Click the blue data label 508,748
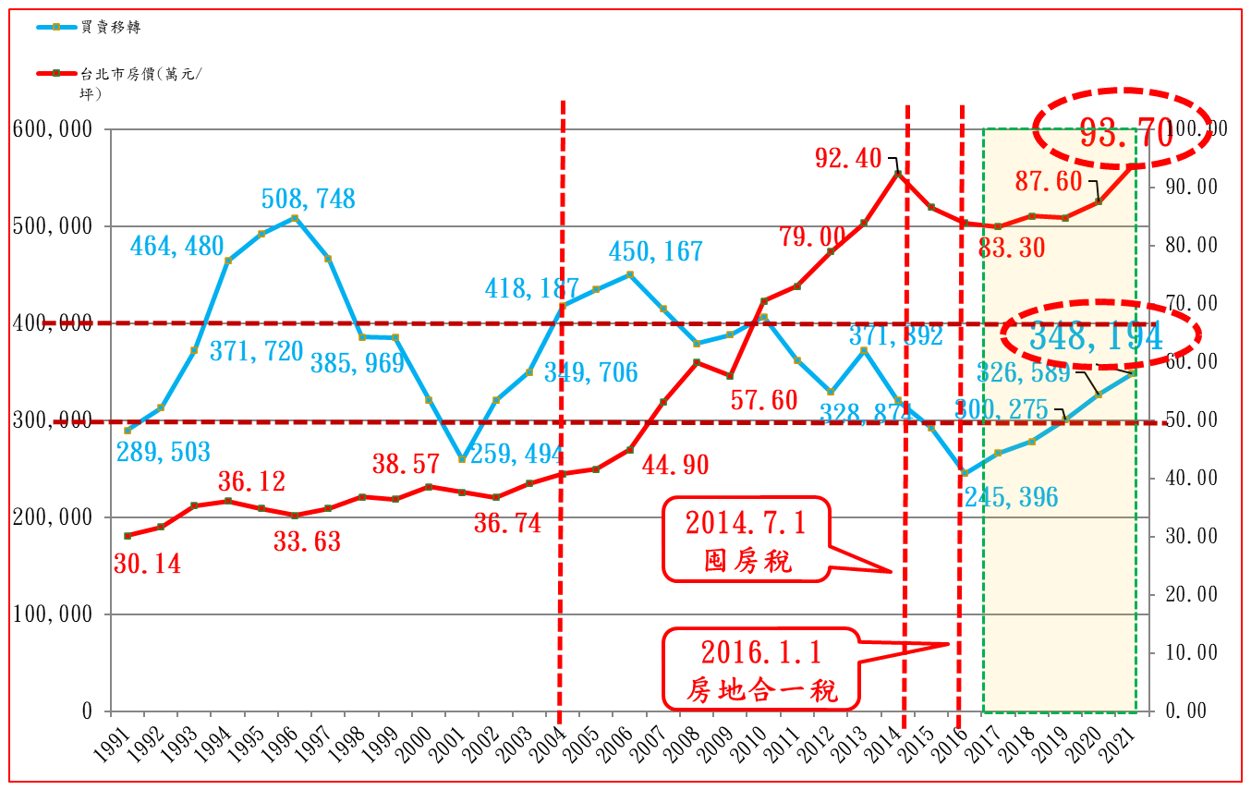coord(309,199)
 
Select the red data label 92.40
coord(847,159)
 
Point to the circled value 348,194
coord(1095,336)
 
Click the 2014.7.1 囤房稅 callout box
coord(747,540)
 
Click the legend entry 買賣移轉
coord(109,27)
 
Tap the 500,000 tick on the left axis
coord(53,226)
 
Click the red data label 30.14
coord(148,563)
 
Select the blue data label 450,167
coord(655,251)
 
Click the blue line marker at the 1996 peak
coord(295,218)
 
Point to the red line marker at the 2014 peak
coord(897,173)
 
